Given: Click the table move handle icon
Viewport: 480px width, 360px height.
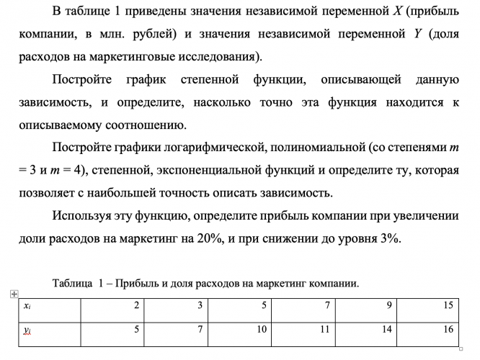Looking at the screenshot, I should (x=13, y=294).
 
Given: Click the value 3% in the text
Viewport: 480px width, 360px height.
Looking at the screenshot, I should (x=387, y=240).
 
